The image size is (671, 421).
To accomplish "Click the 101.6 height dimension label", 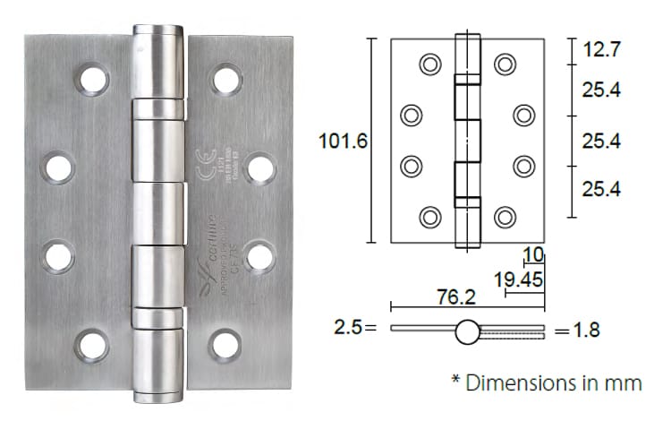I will (341, 141).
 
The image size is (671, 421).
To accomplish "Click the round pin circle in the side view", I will (467, 331).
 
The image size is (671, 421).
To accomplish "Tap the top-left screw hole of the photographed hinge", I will (92, 80).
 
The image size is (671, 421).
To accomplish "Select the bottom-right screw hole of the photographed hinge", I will (225, 346).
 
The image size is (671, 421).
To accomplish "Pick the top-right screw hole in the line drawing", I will (505, 64).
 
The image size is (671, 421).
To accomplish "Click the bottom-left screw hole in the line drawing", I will (430, 217).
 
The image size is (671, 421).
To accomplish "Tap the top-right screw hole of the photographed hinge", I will (225, 80).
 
